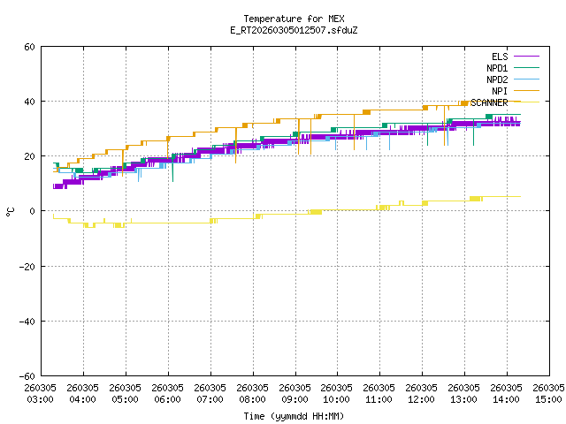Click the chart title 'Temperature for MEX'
click(294, 19)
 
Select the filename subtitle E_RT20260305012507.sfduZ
click(294, 30)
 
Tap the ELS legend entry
click(500, 57)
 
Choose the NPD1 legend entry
click(497, 68)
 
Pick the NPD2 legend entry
click(497, 79)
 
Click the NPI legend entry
click(500, 91)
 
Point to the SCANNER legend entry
click(489, 102)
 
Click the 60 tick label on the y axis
click(29, 47)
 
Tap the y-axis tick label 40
click(29, 102)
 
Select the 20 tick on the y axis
click(29, 156)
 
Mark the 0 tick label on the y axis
click(32, 211)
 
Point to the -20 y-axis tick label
click(27, 266)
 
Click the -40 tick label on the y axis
click(27, 321)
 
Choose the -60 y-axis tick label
click(27, 375)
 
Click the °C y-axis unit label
click(11, 211)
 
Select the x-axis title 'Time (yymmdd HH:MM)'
click(294, 416)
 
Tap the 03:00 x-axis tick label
click(41, 394)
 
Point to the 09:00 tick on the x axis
click(294, 394)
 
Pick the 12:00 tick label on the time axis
click(421, 394)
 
